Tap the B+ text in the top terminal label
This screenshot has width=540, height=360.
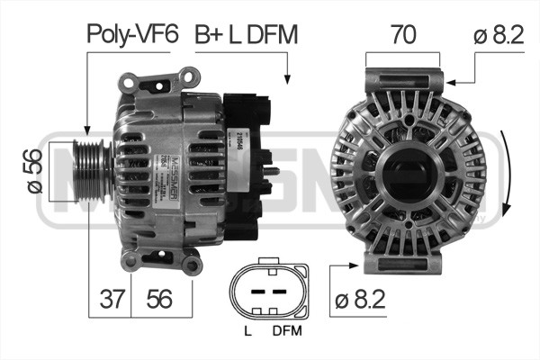(x=210, y=34)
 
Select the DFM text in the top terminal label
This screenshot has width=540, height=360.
(x=272, y=34)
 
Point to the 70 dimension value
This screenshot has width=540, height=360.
(x=402, y=34)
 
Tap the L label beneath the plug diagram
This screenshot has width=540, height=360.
(x=247, y=332)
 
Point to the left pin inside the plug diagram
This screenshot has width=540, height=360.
(x=255, y=292)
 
